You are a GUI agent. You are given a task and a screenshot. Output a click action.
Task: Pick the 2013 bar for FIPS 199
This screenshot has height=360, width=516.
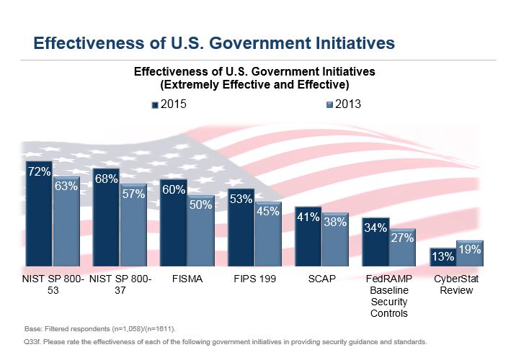point(268,236)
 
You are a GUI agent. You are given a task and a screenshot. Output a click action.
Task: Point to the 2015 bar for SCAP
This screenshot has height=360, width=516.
point(308,238)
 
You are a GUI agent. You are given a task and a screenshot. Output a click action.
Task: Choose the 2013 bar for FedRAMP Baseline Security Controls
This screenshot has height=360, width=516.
point(403,248)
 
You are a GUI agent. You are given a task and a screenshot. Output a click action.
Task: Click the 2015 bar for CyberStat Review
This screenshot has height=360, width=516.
point(443,257)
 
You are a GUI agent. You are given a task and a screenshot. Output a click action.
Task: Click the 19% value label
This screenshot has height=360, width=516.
point(469,249)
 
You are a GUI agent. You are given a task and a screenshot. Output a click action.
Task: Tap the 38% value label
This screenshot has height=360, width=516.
point(335,222)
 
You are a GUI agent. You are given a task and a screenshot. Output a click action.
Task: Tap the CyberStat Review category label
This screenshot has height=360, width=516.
point(456,284)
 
